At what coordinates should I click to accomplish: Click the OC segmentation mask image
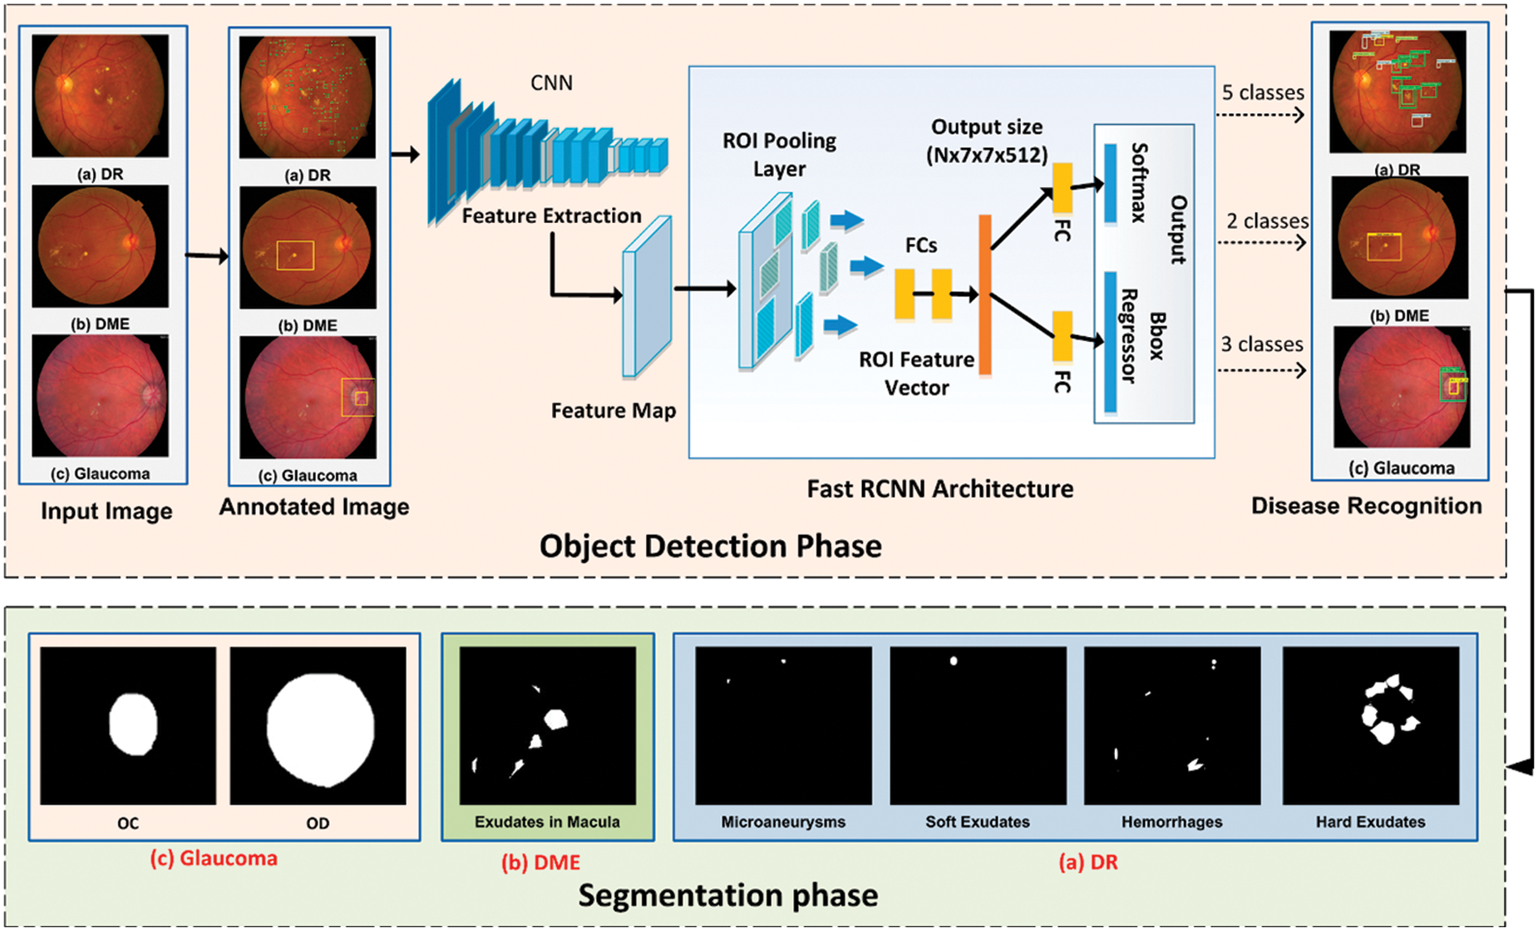[x=128, y=725]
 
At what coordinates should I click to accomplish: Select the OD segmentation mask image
[x=318, y=725]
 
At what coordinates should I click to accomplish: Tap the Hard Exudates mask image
[x=1370, y=725]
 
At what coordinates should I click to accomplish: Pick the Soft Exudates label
[x=978, y=822]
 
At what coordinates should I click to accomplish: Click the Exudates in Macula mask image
[x=547, y=725]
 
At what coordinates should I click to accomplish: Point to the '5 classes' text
[x=1263, y=92]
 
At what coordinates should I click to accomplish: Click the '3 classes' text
[x=1261, y=344]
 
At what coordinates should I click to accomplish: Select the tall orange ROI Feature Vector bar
[x=985, y=295]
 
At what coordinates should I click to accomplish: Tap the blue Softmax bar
[x=1110, y=183]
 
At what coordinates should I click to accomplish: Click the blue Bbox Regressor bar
[x=1110, y=342]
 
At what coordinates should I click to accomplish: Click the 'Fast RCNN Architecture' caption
[x=939, y=488]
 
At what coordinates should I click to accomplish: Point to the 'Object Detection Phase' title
[x=710, y=546]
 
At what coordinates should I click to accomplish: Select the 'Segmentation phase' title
[x=727, y=895]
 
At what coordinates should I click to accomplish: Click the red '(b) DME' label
[x=540, y=863]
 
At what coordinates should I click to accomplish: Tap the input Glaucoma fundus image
[x=100, y=395]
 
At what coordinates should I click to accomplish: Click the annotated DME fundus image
[x=308, y=247]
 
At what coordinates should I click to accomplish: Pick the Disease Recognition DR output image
[x=1398, y=92]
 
